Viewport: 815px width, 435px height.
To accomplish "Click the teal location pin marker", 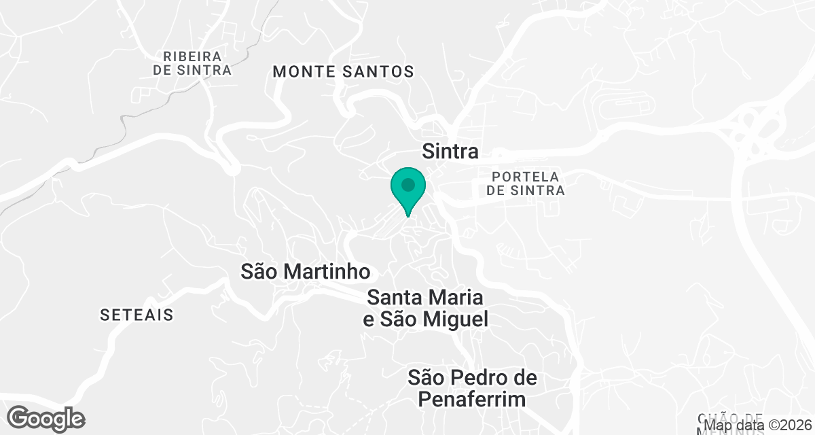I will click(x=407, y=191).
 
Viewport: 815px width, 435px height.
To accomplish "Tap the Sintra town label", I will click(x=450, y=151).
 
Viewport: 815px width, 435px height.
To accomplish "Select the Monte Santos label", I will click(x=343, y=71).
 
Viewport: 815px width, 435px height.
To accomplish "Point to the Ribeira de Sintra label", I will click(x=192, y=63).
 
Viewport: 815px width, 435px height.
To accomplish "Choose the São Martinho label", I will click(x=306, y=272).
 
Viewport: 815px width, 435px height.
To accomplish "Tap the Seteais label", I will click(x=137, y=315).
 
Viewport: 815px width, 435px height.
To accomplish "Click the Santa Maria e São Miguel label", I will click(x=426, y=308).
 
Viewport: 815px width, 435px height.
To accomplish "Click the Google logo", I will click(x=47, y=418).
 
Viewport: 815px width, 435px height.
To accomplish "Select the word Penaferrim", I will click(x=471, y=399).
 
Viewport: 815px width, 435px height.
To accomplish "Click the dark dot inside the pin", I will click(x=407, y=185).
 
